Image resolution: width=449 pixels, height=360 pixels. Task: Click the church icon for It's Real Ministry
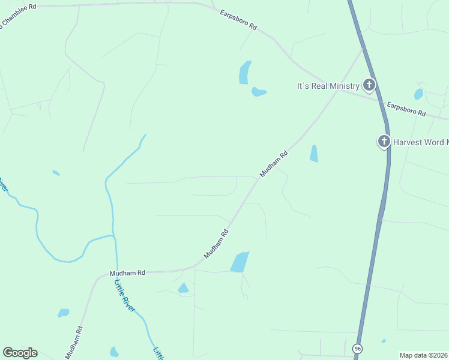tap(369, 85)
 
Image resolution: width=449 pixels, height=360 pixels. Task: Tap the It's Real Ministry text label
tap(328, 86)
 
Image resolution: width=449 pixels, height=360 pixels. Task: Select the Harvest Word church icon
tap(384, 142)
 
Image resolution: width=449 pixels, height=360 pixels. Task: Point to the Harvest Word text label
tap(421, 142)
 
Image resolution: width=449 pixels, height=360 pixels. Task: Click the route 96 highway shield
tap(358, 349)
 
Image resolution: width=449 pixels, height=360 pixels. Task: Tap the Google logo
tap(20, 353)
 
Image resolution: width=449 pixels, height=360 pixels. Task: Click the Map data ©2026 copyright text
tap(423, 355)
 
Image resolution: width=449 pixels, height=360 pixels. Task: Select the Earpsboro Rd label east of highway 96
tap(406, 109)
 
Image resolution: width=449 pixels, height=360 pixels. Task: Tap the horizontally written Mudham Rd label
tap(127, 273)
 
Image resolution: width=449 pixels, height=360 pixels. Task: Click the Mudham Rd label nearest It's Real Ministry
tap(274, 164)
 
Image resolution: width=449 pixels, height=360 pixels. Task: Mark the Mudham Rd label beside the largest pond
tap(217, 244)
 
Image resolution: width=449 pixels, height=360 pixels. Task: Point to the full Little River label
tap(125, 295)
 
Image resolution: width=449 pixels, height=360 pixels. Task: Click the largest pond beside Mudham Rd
tap(240, 262)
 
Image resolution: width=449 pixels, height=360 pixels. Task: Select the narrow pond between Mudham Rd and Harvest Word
tap(313, 154)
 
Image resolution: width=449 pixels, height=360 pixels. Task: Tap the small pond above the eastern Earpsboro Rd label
tap(418, 94)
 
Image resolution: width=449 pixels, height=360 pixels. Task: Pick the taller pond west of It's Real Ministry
tap(244, 73)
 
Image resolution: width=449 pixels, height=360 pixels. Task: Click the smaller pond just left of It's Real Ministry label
tap(258, 92)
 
